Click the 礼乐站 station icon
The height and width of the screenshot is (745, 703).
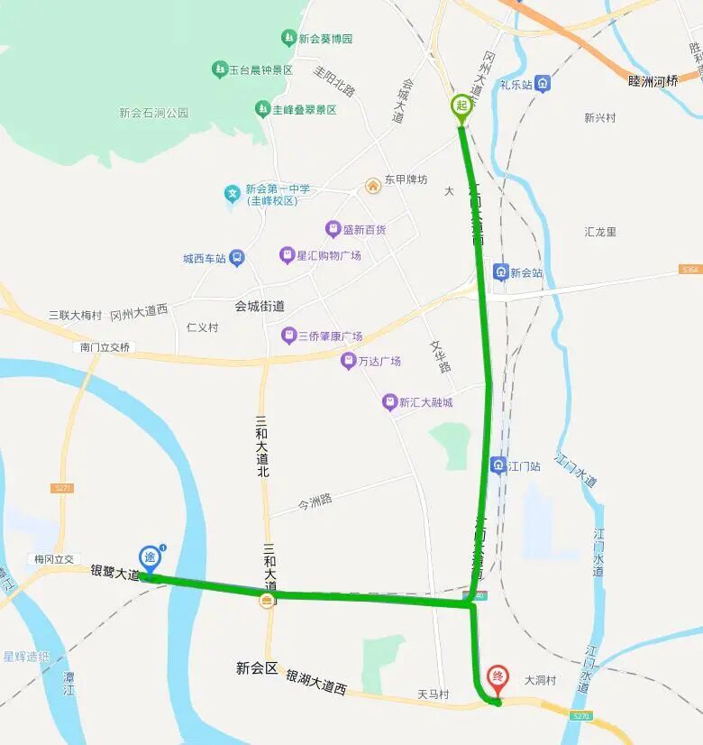(542, 84)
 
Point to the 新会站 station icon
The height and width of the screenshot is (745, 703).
(500, 271)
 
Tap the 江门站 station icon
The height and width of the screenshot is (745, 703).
(498, 465)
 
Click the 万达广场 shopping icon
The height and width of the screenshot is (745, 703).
(348, 361)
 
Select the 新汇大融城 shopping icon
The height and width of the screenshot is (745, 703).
(389, 402)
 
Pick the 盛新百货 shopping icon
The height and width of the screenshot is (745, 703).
(333, 229)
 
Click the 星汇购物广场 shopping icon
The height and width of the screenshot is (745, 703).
(287, 255)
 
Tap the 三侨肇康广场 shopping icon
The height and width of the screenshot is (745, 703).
(288, 336)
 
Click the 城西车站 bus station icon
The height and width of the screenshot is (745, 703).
(236, 258)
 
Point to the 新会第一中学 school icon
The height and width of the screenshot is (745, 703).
(233, 193)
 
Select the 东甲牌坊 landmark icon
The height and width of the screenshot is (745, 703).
(371, 185)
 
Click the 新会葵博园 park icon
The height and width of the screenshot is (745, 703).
(288, 39)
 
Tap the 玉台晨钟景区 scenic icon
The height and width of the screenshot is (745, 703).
(219, 69)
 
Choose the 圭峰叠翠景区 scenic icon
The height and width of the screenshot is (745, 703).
(261, 109)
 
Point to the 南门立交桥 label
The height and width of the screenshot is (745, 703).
(105, 347)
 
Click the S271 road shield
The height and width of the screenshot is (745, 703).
(62, 488)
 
